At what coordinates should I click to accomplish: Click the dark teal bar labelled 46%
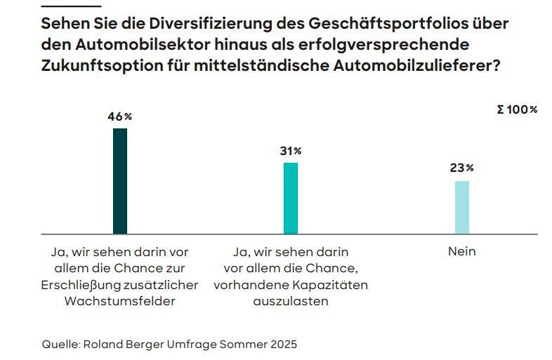pos(120,181)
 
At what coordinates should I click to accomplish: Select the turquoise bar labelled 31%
pos(291,198)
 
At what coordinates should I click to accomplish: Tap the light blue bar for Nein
pos(461,207)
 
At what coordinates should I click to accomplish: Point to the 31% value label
pos(290,151)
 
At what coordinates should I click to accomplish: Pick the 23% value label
pos(461,168)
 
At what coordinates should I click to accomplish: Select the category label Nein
pos(461,251)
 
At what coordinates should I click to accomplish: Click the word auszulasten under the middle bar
pos(290,301)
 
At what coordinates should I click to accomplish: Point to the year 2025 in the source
pos(282,344)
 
